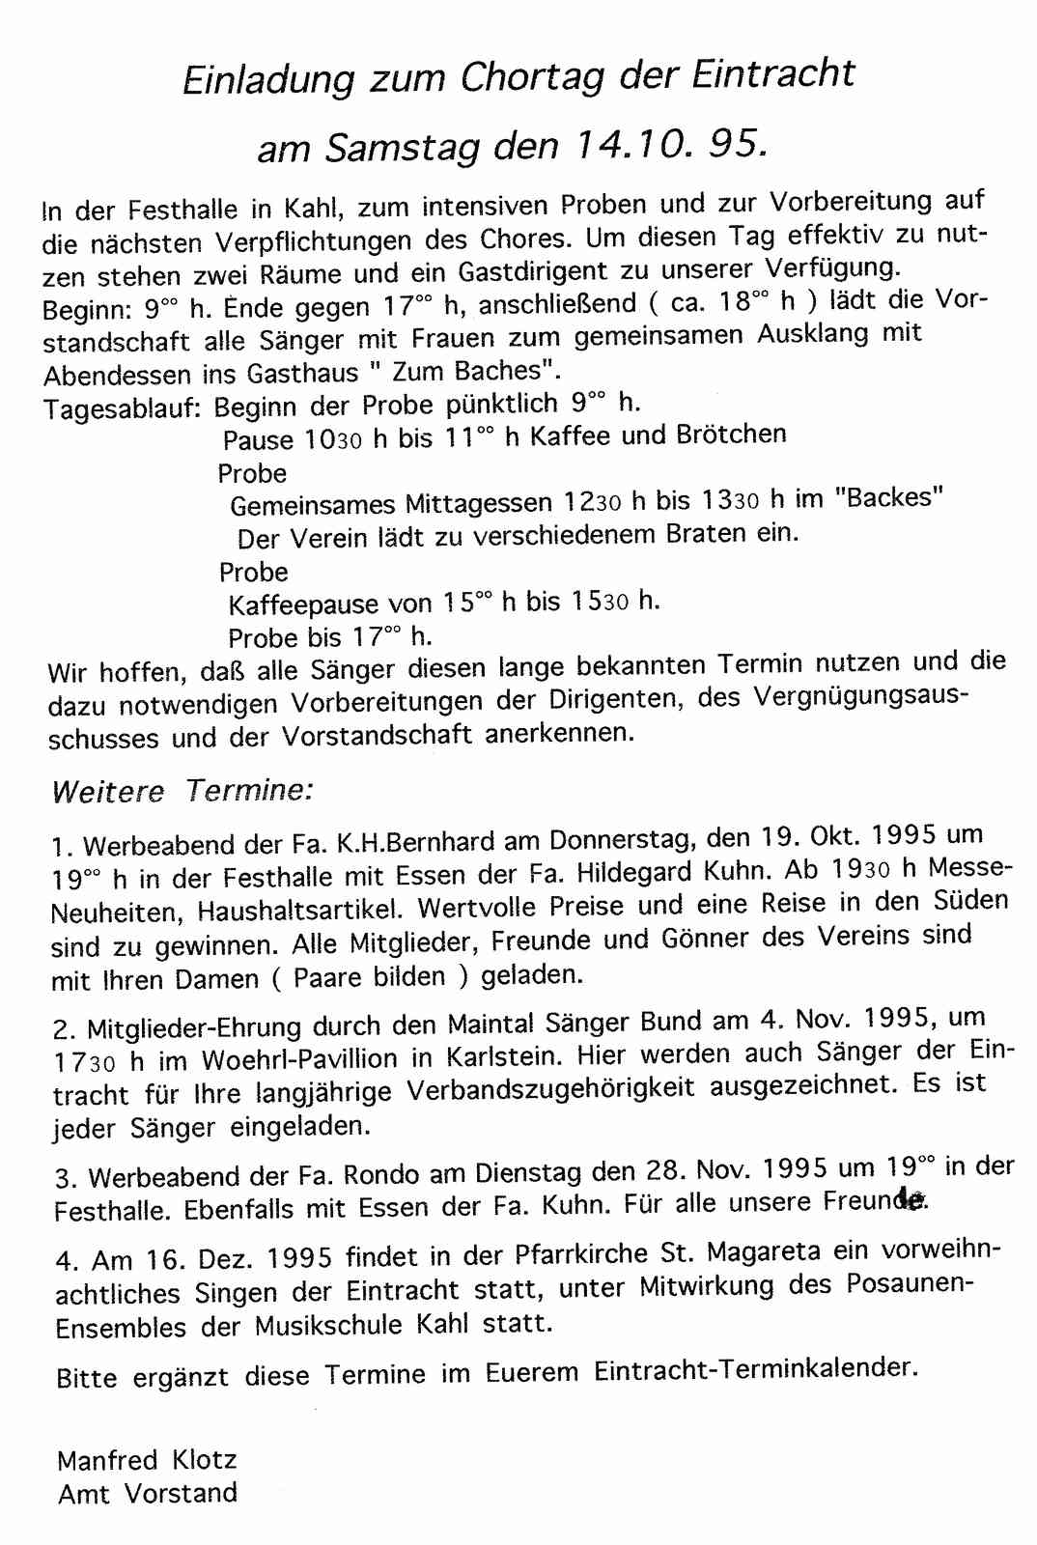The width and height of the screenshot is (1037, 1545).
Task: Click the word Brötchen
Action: point(731,435)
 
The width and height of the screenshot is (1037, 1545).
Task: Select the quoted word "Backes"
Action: point(888,497)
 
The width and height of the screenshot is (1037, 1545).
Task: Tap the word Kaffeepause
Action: point(303,605)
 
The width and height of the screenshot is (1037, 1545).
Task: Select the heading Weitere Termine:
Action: point(182,791)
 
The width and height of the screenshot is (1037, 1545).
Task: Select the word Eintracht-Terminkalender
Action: point(753,1369)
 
